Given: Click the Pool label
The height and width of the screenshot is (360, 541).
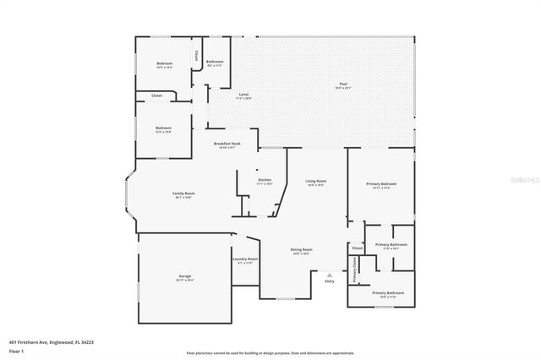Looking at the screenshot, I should tap(342, 85).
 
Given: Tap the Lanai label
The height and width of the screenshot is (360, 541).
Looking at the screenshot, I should tap(243, 95).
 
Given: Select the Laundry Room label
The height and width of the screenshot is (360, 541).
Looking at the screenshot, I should tap(247, 259).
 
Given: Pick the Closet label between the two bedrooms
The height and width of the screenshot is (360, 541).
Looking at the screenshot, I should tap(156, 96).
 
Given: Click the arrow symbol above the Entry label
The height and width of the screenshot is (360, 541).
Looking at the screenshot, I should tap(330, 274).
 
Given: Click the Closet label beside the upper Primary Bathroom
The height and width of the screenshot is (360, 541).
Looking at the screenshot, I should tap(357, 248).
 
